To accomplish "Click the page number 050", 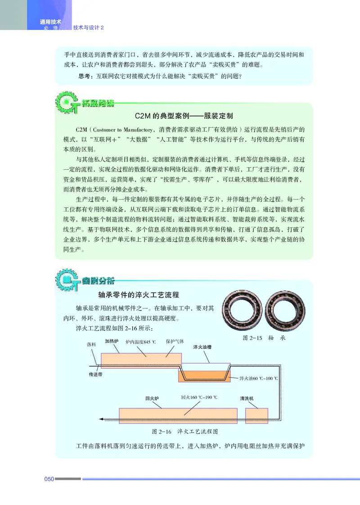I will tap(49, 478).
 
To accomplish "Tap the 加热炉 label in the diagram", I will tap(112, 341).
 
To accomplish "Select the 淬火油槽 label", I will tap(202, 347).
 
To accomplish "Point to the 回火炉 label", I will tap(153, 398).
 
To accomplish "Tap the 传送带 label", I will tap(96, 374).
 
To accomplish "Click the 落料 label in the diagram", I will tap(91, 344).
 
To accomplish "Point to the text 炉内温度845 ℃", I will tap(144, 342).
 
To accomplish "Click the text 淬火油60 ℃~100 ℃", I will tap(259, 378).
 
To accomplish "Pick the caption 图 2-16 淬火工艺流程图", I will tap(185, 432).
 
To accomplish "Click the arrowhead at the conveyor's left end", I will tap(101, 419).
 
